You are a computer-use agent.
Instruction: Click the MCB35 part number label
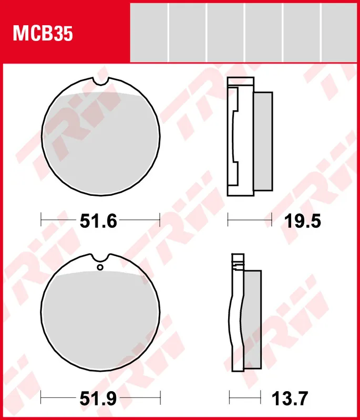coord(43,34)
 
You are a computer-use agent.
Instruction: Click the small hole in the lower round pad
coord(100,268)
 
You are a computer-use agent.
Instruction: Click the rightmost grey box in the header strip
coord(339,31)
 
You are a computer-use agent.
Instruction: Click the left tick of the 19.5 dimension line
coord(228,219)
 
